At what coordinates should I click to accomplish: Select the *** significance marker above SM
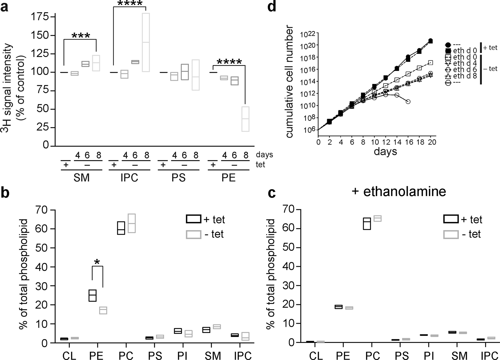81,36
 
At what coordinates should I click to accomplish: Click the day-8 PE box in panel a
245,119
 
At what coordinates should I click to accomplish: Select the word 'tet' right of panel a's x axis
260,164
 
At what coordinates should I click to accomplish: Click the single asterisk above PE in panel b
97,262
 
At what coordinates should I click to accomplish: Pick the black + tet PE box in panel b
93,295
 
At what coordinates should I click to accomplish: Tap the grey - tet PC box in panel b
131,223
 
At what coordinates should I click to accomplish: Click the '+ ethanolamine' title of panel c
399,192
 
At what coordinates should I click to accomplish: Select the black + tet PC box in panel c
367,224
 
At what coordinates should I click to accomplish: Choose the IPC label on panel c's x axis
490,356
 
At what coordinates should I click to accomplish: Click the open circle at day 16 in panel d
408,101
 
